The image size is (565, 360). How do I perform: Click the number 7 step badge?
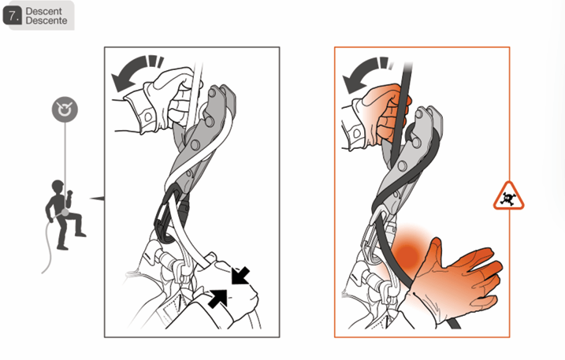pyautogui.click(x=13, y=17)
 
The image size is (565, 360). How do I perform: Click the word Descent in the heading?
pyautogui.click(x=44, y=12)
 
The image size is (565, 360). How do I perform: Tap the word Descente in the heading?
pyautogui.click(x=46, y=21)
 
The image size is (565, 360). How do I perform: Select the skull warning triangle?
pyautogui.click(x=508, y=197)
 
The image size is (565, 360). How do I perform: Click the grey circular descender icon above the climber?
pyautogui.click(x=65, y=109)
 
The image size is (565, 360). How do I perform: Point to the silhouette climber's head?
pyautogui.click(x=58, y=187)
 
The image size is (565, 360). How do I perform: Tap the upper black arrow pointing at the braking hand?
pyautogui.click(x=240, y=276)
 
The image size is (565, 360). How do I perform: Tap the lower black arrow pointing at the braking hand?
pyautogui.click(x=218, y=299)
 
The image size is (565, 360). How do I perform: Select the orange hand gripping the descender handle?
pyautogui.click(x=384, y=115)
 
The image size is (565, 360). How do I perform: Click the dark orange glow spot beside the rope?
pyautogui.click(x=407, y=252)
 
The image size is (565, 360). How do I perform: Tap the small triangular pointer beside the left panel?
pyautogui.click(x=98, y=199)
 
